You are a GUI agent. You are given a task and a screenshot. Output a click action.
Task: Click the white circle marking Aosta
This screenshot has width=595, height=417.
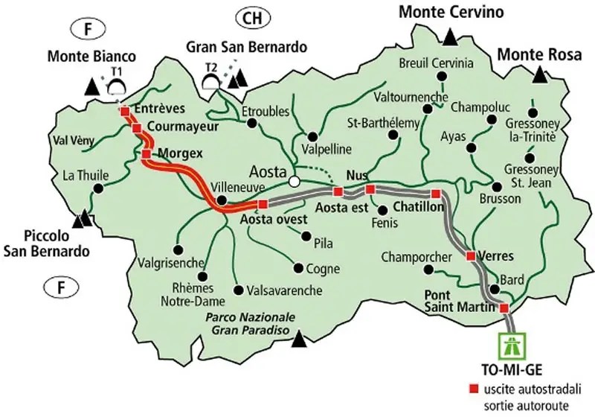tap(295, 181)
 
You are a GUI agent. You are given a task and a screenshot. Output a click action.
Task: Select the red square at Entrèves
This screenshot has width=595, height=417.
tap(125, 112)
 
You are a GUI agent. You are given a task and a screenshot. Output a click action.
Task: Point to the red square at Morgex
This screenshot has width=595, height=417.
tap(147, 154)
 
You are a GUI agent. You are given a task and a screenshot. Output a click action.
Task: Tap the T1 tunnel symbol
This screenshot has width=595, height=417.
tap(116, 84)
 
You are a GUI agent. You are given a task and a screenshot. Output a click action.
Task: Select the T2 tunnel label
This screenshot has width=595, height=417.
tap(211, 67)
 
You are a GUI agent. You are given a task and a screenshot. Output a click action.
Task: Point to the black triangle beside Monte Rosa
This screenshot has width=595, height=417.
tap(538, 75)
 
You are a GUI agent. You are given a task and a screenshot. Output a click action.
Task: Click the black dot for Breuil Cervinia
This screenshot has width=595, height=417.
tap(437, 80)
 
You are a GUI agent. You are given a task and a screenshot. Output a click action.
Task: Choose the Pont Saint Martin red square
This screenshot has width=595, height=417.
tap(504, 308)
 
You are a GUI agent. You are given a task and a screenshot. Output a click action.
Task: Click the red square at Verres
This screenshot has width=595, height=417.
tap(470, 256)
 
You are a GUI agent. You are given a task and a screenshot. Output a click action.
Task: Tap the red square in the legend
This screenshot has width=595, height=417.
tap(473, 389)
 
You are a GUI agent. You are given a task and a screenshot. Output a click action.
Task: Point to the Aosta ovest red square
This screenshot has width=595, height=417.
tap(262, 203)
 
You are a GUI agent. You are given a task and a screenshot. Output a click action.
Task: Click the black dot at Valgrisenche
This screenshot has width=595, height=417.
tap(178, 249)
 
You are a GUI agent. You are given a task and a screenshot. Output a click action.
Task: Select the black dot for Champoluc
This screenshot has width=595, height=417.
tap(491, 119)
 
